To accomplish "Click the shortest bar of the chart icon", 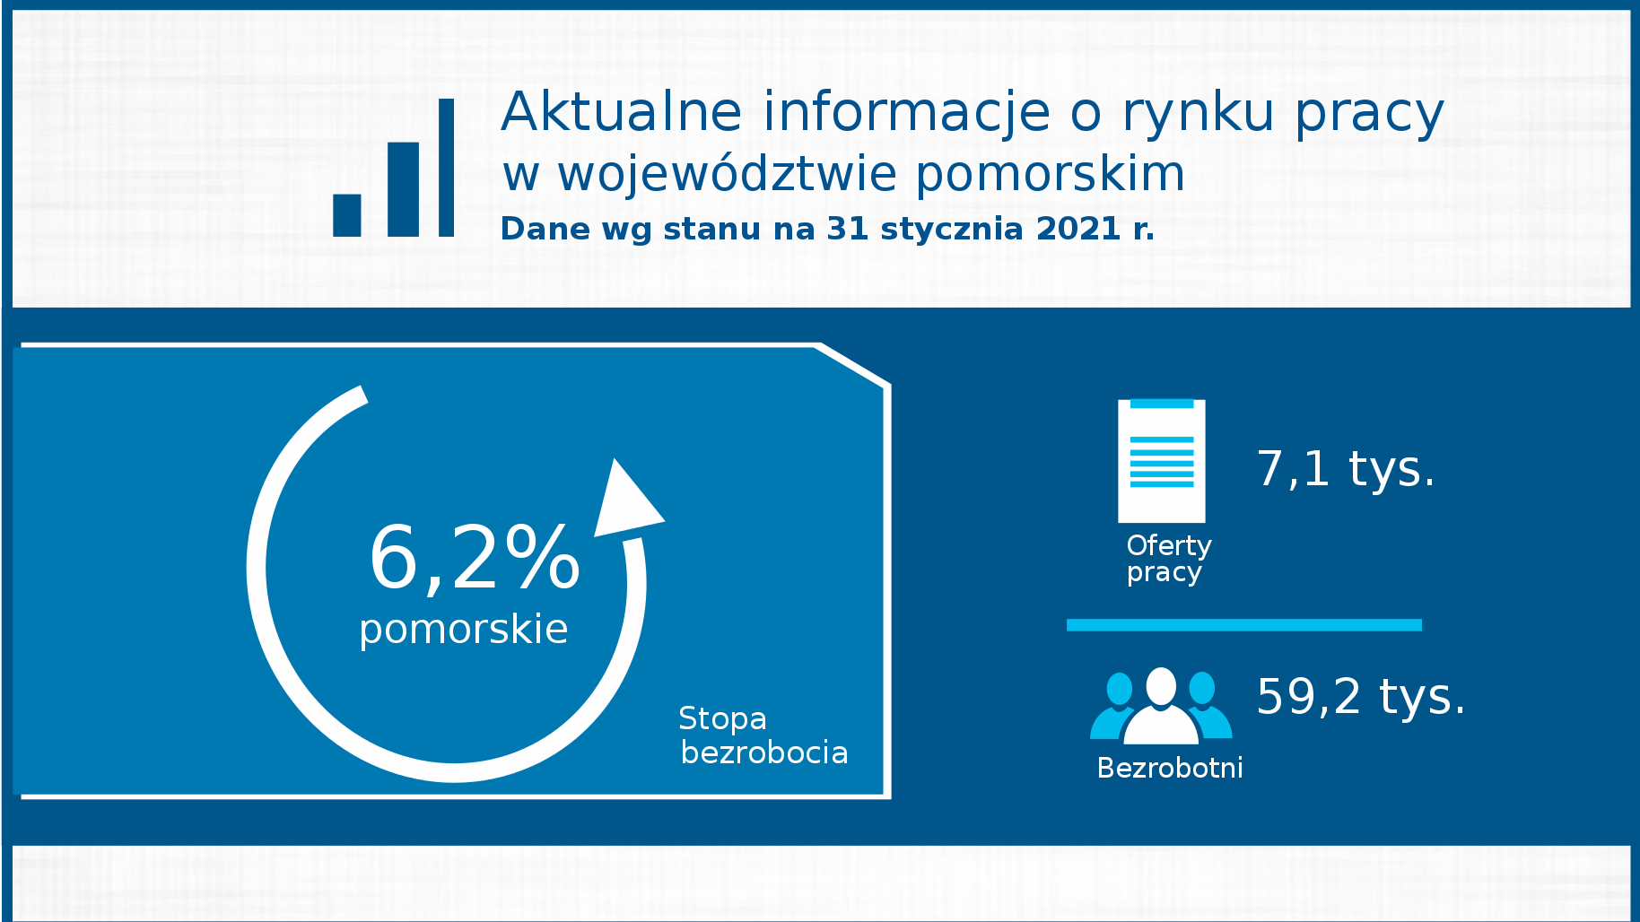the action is coord(346,215).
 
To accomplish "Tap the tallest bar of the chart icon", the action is coord(446,168).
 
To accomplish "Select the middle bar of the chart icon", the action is coord(403,189).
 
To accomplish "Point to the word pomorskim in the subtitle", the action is coord(1051,176).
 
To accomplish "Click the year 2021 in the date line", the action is coord(1077,229).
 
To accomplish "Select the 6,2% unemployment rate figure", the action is coord(475,558).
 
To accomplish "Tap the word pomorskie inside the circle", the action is coord(464,631).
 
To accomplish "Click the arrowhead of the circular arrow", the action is coord(627,499).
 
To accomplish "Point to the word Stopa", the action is coord(722,719).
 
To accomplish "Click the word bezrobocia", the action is coord(764,752).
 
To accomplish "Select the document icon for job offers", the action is coord(1162,461).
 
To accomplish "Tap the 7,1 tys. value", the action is coord(1346,469).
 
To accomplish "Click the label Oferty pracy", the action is coord(1169,559).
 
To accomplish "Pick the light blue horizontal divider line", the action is coord(1244,625).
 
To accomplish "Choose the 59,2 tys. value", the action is coord(1361,697).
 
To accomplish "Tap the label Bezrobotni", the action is coord(1170,768).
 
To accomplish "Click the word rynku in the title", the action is coord(1198,114).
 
